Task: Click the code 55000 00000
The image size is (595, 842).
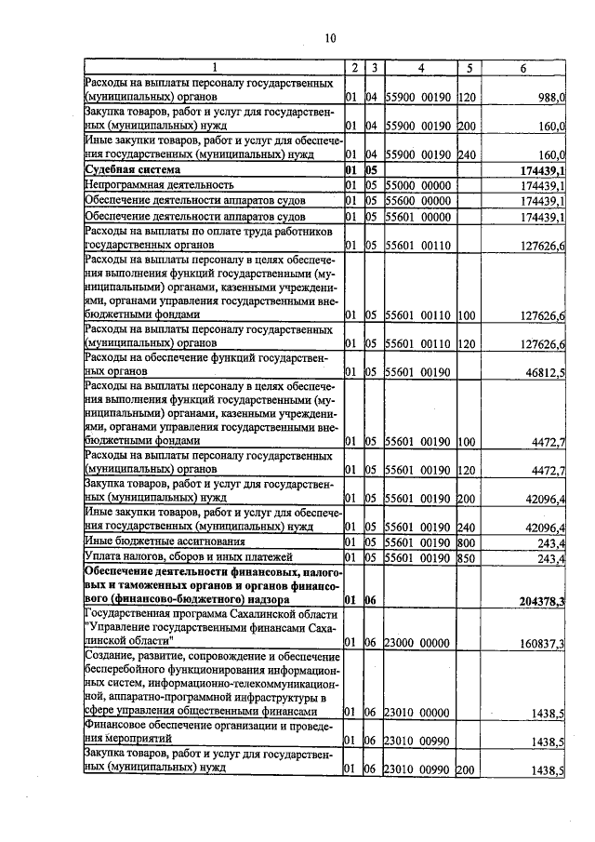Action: pyautogui.click(x=418, y=185)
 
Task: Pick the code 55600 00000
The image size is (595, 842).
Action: pyautogui.click(x=418, y=200)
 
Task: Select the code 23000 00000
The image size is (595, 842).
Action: pyautogui.click(x=418, y=642)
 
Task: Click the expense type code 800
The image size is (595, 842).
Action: pyautogui.click(x=467, y=541)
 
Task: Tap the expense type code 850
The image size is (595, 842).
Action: pyautogui.click(x=467, y=556)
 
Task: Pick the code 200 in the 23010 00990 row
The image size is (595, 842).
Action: pyautogui.click(x=467, y=770)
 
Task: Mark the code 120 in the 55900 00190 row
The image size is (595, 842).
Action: pyautogui.click(x=467, y=97)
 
